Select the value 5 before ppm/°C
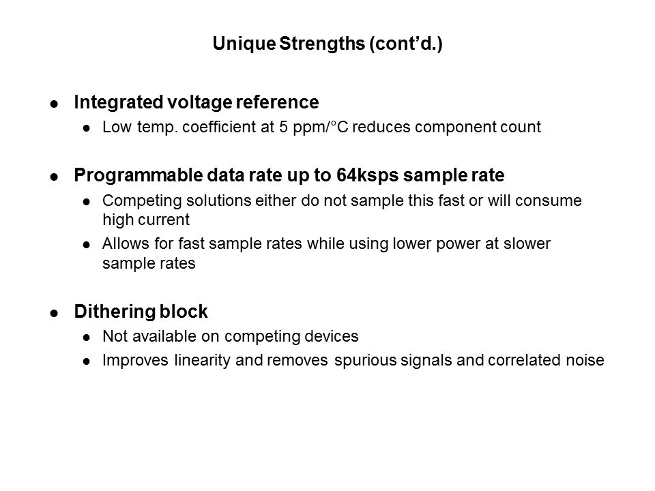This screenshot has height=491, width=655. pos(283,128)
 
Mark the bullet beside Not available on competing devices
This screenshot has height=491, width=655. pos(86,338)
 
